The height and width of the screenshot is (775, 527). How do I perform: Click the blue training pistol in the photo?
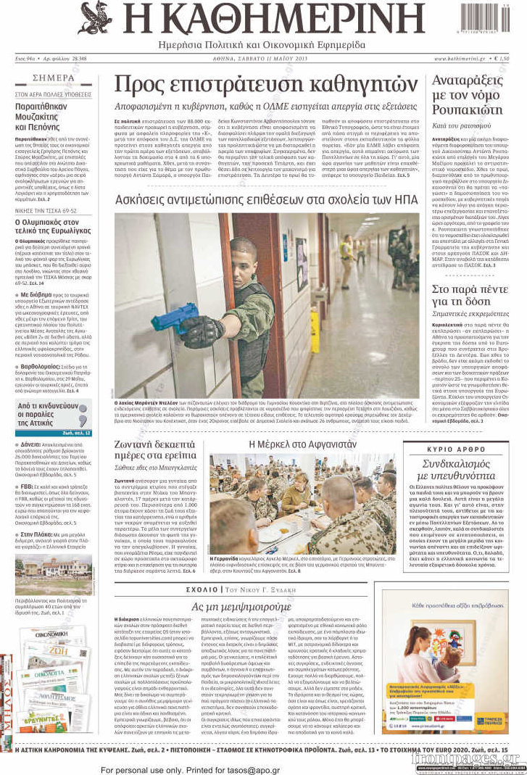[175, 317]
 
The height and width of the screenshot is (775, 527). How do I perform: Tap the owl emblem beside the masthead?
[95, 18]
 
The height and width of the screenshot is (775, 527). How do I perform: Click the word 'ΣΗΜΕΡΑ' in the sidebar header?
[53, 78]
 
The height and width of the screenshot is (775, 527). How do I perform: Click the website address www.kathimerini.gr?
[459, 58]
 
